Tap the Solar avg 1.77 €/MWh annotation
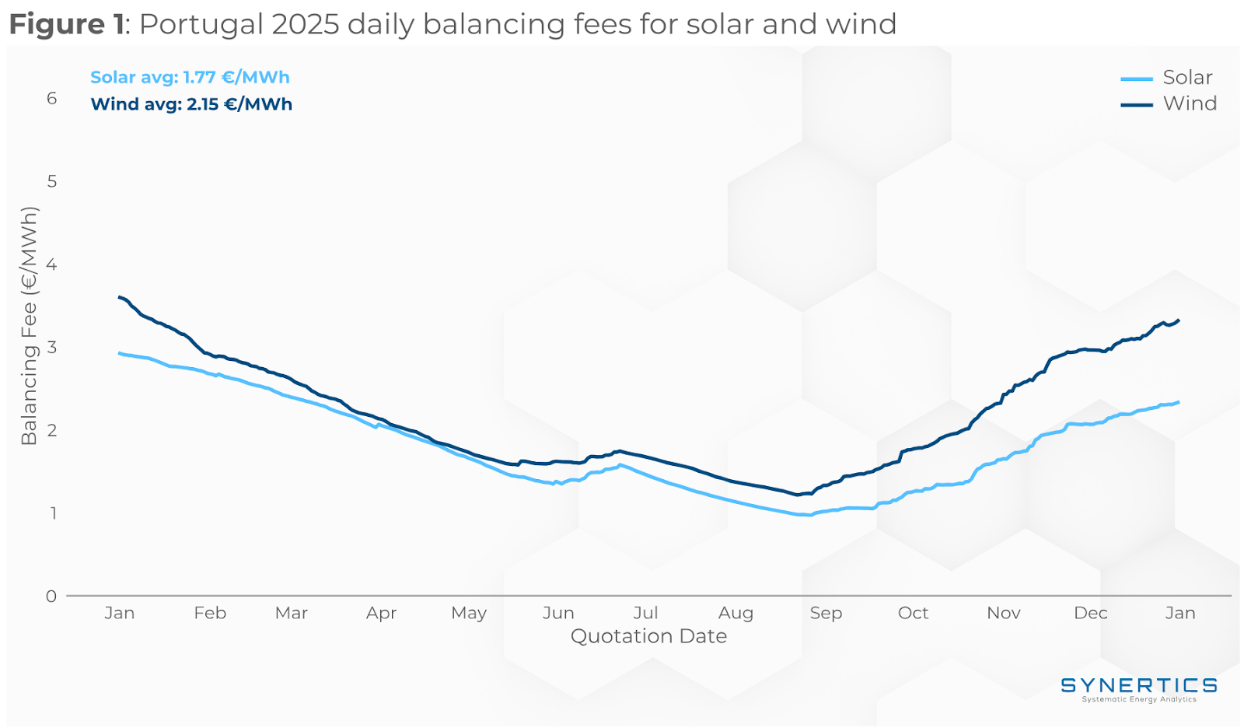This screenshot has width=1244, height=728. click(x=190, y=78)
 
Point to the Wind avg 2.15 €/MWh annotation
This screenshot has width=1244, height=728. click(x=191, y=104)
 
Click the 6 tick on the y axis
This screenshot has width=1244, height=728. click(x=52, y=98)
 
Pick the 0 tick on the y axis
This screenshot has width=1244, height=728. click(x=51, y=597)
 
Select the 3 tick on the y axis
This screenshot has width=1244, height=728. click(x=52, y=347)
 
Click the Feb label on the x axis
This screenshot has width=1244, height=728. click(x=210, y=613)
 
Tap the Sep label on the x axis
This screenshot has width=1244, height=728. click(x=826, y=613)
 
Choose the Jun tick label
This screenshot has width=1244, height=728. click(x=558, y=613)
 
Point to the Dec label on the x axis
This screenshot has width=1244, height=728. click(x=1090, y=613)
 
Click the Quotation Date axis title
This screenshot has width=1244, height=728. click(x=648, y=636)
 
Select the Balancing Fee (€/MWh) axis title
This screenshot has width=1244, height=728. click(x=30, y=326)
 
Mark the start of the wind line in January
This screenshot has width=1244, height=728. click(x=120, y=297)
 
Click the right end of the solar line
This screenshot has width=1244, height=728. click(x=1179, y=402)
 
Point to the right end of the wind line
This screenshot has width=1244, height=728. click(x=1179, y=320)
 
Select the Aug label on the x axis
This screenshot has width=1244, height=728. click(x=736, y=613)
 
